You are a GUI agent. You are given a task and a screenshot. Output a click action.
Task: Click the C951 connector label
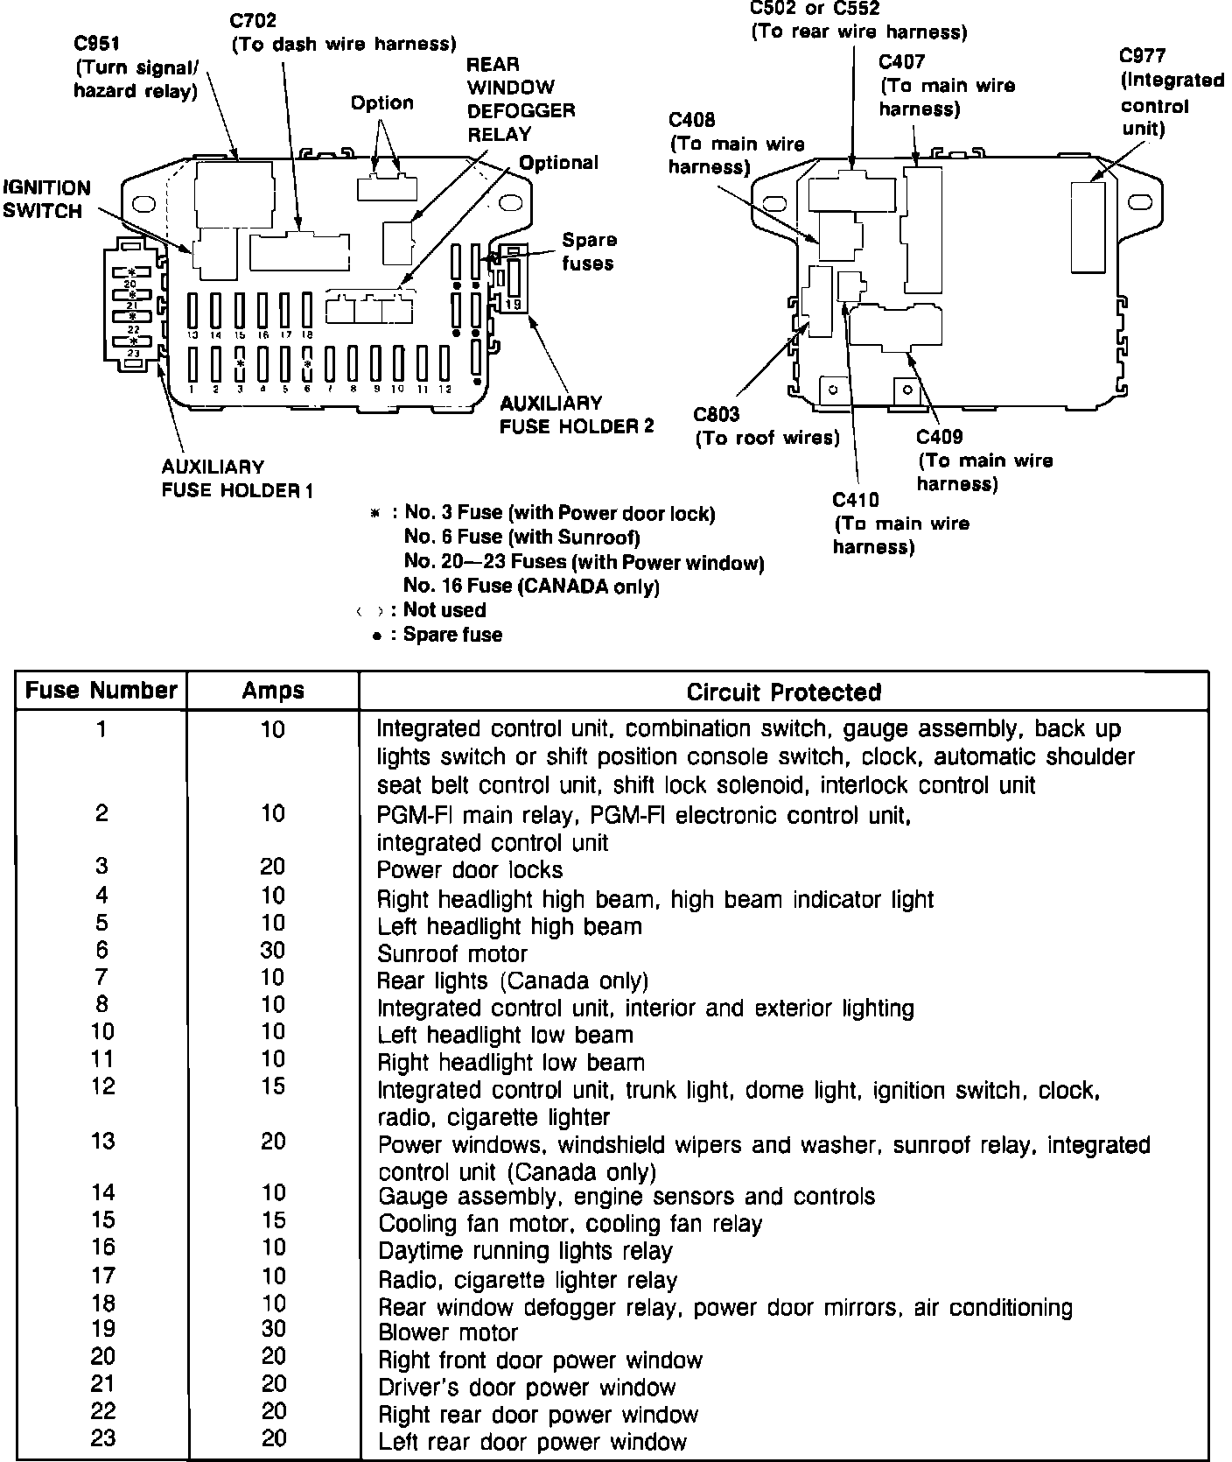(x=98, y=44)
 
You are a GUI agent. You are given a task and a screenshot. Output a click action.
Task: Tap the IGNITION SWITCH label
(x=46, y=200)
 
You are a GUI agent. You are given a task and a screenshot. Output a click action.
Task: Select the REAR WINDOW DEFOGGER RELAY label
(x=521, y=99)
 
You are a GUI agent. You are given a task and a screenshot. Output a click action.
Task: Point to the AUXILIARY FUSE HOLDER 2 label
(x=577, y=415)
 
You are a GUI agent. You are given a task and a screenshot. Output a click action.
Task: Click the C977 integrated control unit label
(x=1172, y=92)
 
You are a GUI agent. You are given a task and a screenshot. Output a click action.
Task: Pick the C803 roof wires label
(x=766, y=426)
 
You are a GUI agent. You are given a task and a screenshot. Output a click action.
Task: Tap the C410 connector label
(x=900, y=524)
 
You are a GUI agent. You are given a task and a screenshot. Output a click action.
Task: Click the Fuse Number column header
(x=101, y=691)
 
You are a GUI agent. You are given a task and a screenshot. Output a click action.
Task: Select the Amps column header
(x=273, y=691)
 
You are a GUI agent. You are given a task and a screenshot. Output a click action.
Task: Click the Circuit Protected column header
(x=783, y=692)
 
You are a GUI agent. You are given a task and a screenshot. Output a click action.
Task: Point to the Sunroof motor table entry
(x=452, y=953)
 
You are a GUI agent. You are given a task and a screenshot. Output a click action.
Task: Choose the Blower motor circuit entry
(x=448, y=1332)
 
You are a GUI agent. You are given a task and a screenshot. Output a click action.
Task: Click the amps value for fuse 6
(x=274, y=951)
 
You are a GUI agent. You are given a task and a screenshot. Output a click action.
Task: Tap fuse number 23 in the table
(x=102, y=1438)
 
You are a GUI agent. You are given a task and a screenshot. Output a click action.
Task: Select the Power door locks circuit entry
(x=470, y=870)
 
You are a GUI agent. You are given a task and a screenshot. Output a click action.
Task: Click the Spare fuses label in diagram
(x=589, y=251)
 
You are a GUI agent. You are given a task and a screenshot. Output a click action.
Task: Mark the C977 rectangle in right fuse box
(x=1088, y=227)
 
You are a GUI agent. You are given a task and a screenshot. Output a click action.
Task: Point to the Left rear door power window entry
(x=532, y=1441)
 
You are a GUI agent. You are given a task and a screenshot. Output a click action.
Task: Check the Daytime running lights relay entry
(x=525, y=1251)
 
